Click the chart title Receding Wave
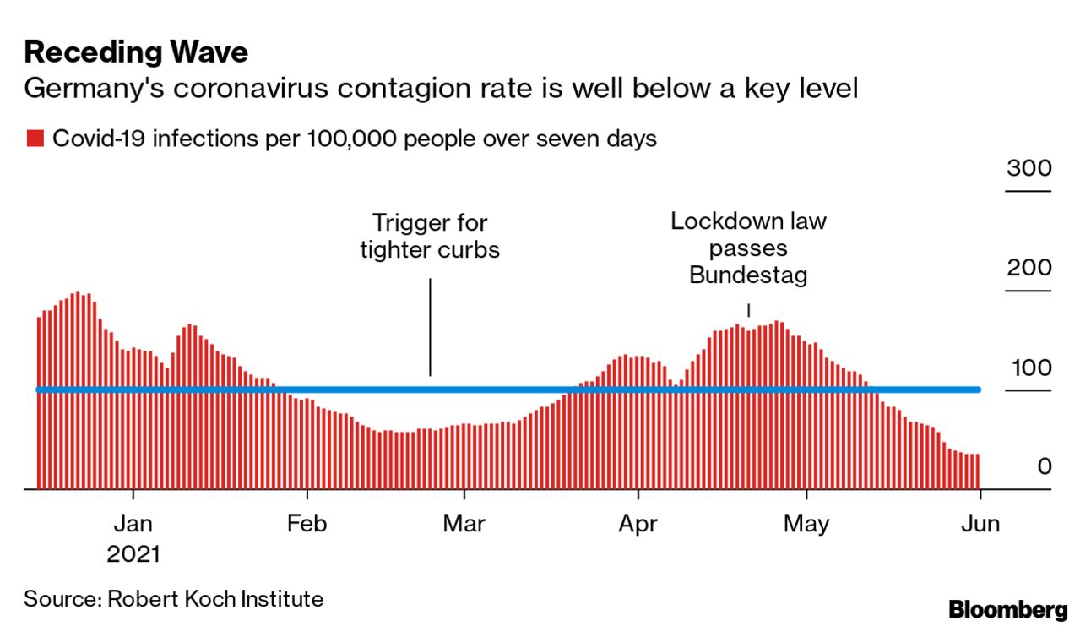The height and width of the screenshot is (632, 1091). coord(136,52)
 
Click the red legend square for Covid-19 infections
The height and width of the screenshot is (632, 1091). coord(35,139)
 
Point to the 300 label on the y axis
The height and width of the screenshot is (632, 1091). coord(1029,167)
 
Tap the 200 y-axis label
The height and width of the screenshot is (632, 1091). coord(1029,268)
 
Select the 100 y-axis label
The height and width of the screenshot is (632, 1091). coord(1029,368)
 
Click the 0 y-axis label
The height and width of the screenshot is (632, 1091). coord(1045,466)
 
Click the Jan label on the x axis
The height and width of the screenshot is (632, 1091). coord(133,524)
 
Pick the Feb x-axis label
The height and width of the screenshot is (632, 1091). coord(307,524)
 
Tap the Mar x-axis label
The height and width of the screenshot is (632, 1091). coord(464,524)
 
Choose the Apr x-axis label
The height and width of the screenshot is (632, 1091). coord(638,524)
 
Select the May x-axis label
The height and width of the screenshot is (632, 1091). coord(806,524)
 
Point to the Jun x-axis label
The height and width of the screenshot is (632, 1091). coord(980,524)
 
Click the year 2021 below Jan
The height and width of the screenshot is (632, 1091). coord(133,554)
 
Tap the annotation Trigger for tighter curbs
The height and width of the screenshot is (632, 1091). coord(430,237)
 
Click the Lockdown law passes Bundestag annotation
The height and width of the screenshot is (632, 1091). coord(748,248)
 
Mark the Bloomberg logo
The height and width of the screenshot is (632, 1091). coord(1007,609)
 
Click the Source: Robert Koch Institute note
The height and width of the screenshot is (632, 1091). coord(173,599)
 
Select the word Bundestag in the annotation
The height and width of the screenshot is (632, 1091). coord(748,275)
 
